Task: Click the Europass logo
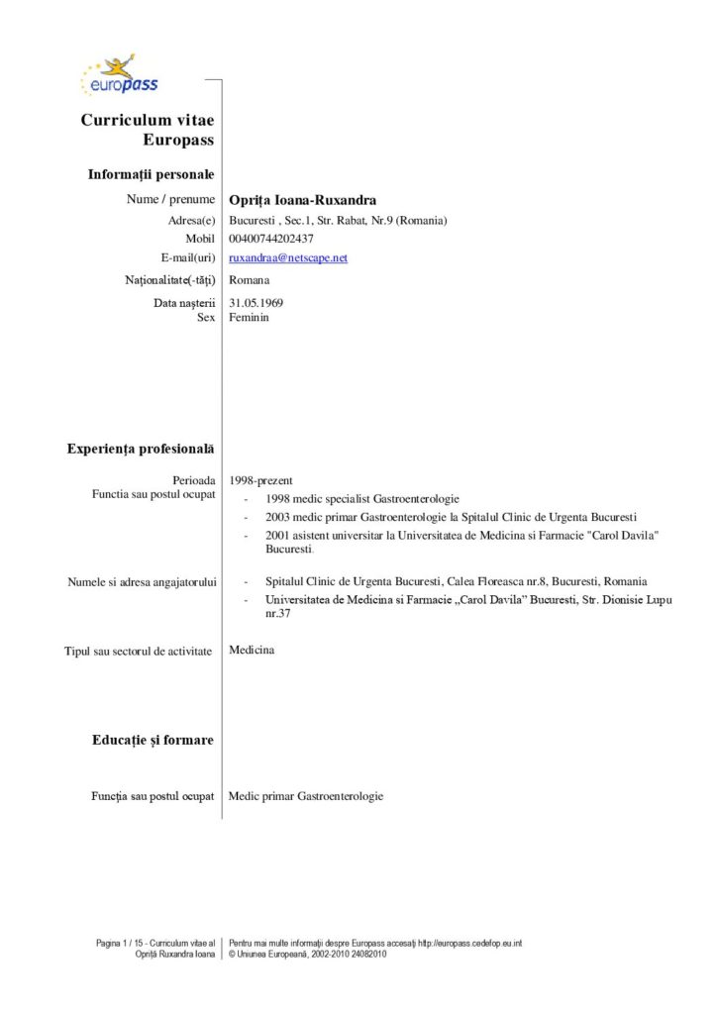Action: tap(119, 75)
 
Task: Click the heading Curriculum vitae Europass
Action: tap(148, 130)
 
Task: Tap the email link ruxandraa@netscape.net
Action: tap(288, 257)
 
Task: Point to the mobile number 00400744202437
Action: tap(271, 239)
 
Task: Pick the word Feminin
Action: tap(249, 318)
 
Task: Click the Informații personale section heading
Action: tap(151, 174)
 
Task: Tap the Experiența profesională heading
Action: tap(141, 450)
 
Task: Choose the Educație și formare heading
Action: tap(153, 740)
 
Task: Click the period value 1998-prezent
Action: tap(260, 480)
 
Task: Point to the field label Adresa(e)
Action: tap(192, 220)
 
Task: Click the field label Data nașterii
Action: tap(184, 302)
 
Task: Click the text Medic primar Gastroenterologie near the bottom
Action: tap(306, 796)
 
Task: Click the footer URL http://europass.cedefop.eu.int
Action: tap(469, 943)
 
